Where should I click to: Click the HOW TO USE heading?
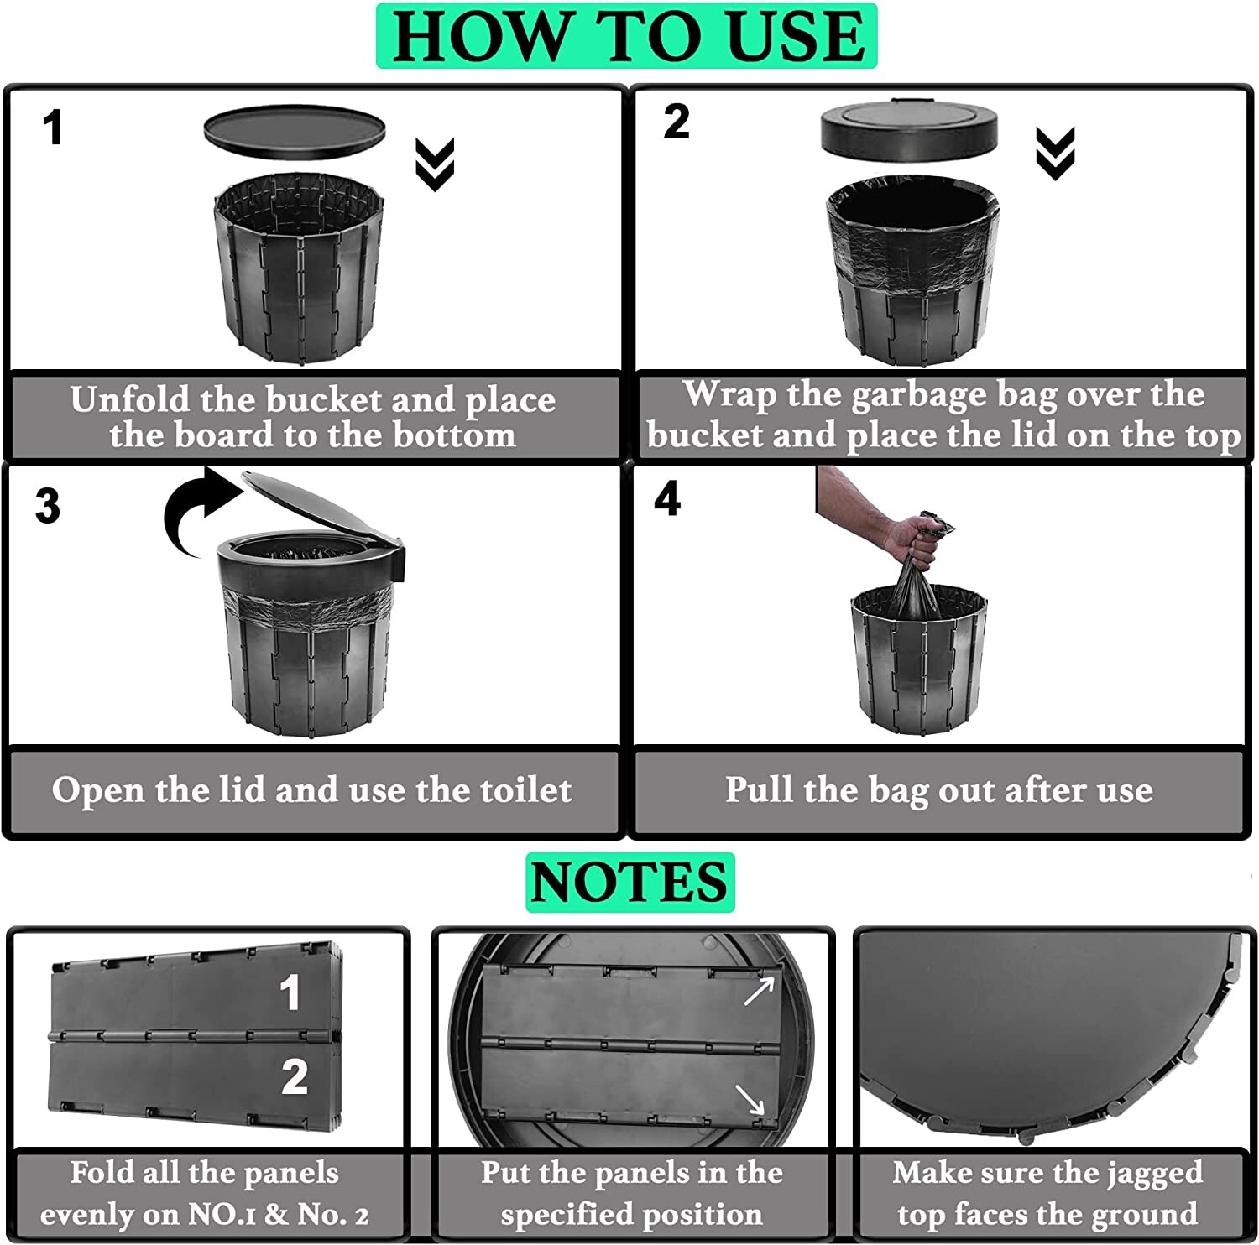tap(627, 36)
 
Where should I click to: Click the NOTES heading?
tap(629, 882)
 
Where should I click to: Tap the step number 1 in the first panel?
tap(53, 129)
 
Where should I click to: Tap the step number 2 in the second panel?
tap(677, 122)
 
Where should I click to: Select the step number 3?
tap(48, 507)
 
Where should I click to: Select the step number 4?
tap(667, 500)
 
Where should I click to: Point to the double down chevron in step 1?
tap(435, 164)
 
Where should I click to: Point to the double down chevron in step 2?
tap(1055, 154)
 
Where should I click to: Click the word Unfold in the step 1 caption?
tap(129, 399)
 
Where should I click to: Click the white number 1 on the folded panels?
tap(290, 992)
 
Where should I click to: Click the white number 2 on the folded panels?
tap(294, 1076)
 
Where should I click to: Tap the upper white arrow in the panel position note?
tap(759, 991)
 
